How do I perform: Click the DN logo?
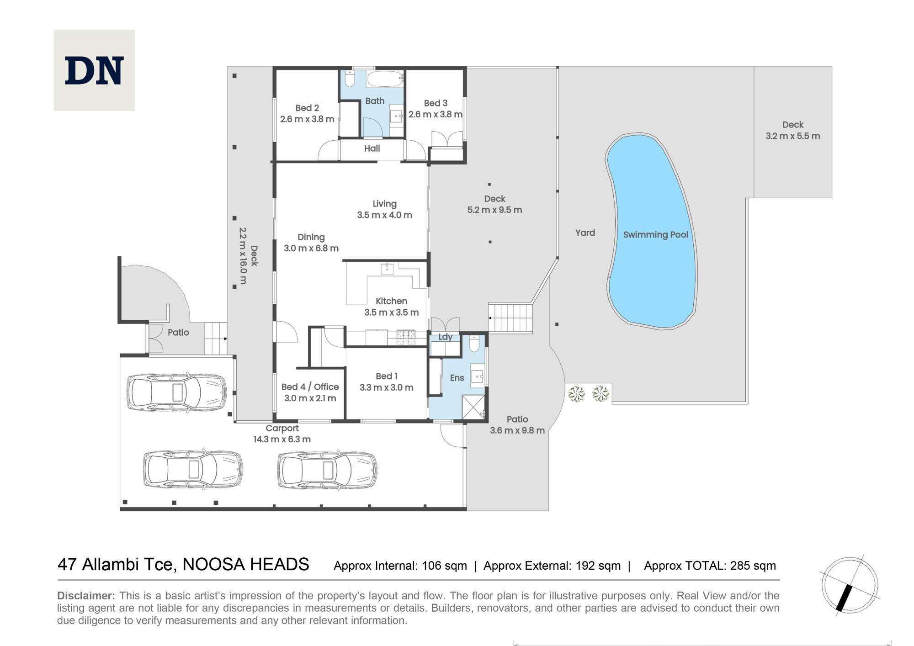click(94, 70)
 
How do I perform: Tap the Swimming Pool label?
click(655, 235)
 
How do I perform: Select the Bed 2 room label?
click(307, 108)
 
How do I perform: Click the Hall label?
click(372, 148)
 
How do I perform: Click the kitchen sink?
click(387, 269)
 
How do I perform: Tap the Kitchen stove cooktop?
click(406, 338)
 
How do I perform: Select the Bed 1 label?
click(387, 376)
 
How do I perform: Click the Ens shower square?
click(473, 407)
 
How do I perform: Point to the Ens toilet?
click(474, 344)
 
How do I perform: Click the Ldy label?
click(445, 337)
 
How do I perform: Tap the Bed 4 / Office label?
click(310, 387)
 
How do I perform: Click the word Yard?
click(585, 233)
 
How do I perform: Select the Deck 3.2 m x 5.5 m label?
click(793, 130)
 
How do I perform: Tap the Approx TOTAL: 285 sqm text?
click(710, 566)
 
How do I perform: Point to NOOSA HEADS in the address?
click(246, 565)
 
